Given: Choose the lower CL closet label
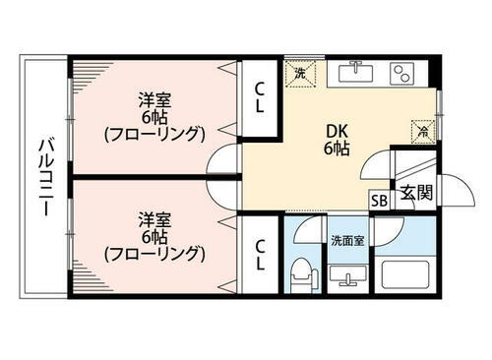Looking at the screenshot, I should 260,254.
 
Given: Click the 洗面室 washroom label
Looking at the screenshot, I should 346,239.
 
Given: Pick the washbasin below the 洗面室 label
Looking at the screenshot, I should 346,274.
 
